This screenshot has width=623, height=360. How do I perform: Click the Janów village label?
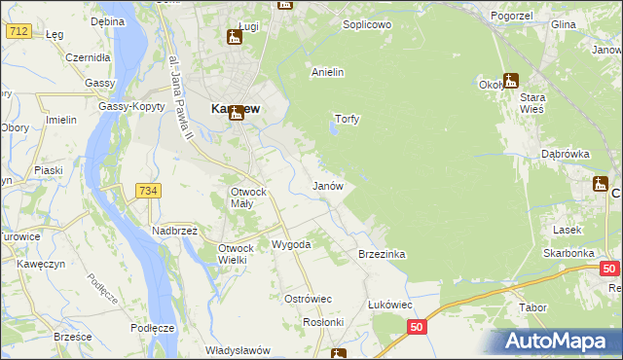point(326,185)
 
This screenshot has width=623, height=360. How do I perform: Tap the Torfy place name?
point(348,120)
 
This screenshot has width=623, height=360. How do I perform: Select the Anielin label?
point(328,72)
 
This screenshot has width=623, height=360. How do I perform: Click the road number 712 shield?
point(18,32)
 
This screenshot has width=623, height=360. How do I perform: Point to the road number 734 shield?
point(147,191)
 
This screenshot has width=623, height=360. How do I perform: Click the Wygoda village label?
point(290,244)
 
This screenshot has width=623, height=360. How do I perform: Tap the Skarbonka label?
point(569,252)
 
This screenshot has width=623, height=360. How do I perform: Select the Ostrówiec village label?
point(308,299)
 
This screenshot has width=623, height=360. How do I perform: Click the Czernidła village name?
point(87,57)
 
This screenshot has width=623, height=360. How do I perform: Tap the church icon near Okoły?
point(511,81)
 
